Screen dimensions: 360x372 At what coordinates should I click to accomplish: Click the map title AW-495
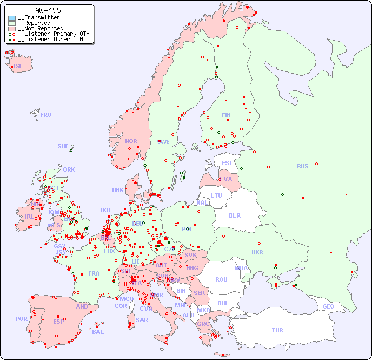(48, 10)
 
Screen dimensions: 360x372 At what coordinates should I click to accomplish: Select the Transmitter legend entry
(38, 17)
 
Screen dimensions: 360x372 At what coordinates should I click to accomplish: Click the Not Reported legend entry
(41, 28)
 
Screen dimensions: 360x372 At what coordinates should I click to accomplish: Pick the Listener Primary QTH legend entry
(50, 34)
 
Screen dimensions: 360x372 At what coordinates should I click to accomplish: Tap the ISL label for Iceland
(18, 67)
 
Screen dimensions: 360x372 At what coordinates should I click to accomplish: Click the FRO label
(46, 115)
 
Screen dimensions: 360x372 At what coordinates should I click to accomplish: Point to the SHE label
(63, 146)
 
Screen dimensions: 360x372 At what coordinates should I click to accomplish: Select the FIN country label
(226, 115)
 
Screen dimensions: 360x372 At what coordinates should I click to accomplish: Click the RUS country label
(302, 166)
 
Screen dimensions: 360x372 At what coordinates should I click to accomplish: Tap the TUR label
(277, 330)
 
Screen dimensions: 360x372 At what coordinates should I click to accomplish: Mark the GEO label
(328, 306)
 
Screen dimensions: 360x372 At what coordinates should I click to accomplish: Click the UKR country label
(257, 252)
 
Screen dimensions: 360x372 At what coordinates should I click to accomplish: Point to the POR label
(21, 319)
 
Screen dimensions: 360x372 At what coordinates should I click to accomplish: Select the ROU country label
(221, 279)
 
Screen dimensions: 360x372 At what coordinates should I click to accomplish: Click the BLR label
(234, 215)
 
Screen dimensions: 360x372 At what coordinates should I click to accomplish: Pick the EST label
(227, 163)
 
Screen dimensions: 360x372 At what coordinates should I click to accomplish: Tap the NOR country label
(131, 141)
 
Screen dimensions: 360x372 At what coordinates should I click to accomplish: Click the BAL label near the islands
(97, 332)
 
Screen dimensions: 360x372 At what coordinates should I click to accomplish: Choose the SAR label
(142, 320)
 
